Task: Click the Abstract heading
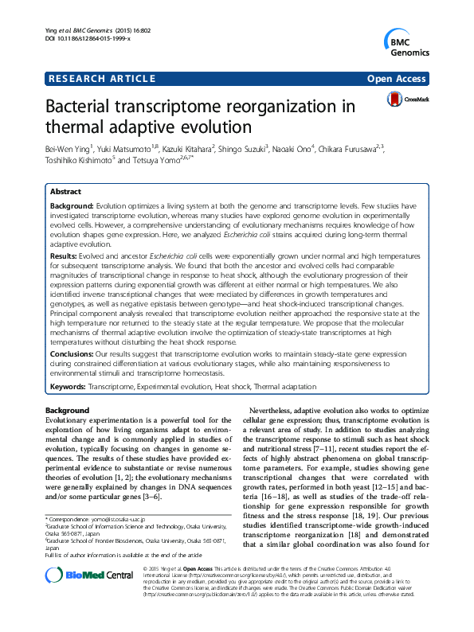click(65, 193)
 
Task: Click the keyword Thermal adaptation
click(284, 386)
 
